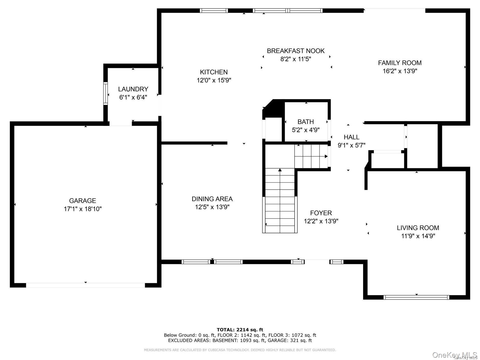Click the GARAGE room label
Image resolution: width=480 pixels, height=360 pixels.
(x=82, y=201)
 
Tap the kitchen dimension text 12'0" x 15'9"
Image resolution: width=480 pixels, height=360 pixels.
(x=214, y=80)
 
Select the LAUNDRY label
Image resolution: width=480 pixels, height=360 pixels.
(x=133, y=89)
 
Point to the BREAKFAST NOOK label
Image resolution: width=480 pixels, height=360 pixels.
(x=296, y=51)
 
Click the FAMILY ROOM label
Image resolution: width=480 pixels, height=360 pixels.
(x=400, y=63)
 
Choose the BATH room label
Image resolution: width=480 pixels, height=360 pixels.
(x=306, y=122)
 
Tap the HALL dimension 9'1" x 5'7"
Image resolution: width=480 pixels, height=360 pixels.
(x=351, y=145)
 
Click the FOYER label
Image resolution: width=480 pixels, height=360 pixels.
(x=321, y=213)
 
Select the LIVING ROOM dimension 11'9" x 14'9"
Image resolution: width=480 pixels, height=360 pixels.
(x=418, y=236)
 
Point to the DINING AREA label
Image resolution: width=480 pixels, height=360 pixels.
(x=212, y=199)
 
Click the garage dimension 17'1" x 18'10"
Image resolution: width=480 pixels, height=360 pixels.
(x=82, y=209)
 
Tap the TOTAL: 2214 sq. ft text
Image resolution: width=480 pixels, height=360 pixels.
(x=240, y=330)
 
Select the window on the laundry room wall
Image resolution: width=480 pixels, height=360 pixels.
(x=106, y=93)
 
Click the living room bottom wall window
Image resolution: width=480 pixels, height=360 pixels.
(x=416, y=297)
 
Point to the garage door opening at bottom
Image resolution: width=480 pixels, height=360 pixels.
(x=85, y=285)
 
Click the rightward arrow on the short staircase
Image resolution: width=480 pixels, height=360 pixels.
(x=326, y=156)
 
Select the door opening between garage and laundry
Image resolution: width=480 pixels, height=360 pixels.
(x=121, y=124)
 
